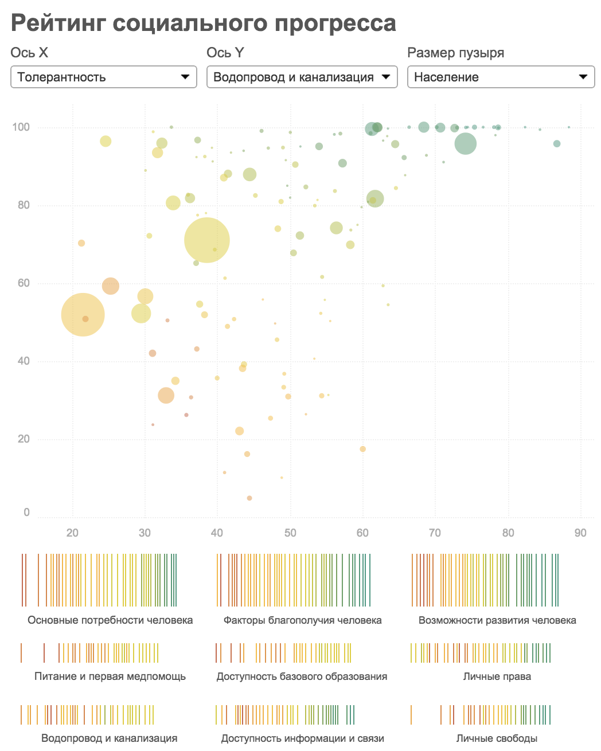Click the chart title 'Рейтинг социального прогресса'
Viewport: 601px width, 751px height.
pyautogui.click(x=203, y=24)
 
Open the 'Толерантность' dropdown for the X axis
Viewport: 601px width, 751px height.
pyautogui.click(x=104, y=77)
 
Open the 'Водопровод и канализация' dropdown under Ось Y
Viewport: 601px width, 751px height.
pyautogui.click(x=302, y=77)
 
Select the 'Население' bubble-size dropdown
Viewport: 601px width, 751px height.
pyautogui.click(x=501, y=77)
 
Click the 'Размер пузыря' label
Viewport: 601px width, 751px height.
pyautogui.click(x=455, y=53)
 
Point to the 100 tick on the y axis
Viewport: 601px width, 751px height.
pyautogui.click(x=21, y=127)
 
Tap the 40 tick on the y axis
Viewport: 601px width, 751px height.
pyautogui.click(x=23, y=361)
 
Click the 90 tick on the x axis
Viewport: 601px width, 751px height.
pyautogui.click(x=580, y=533)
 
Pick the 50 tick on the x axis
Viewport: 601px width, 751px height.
pyautogui.click(x=290, y=533)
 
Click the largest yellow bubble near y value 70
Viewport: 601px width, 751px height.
pyautogui.click(x=207, y=240)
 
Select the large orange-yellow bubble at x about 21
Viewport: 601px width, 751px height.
pyautogui.click(x=83, y=314)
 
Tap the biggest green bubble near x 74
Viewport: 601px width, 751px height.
pyautogui.click(x=466, y=143)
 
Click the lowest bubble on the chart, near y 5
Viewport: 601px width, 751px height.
pyautogui.click(x=249, y=498)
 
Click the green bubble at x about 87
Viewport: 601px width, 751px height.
pyautogui.click(x=556, y=143)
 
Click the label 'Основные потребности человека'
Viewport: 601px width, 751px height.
pyautogui.click(x=110, y=620)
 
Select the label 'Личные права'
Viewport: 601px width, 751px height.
pyautogui.click(x=497, y=676)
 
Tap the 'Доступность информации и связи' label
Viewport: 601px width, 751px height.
pyautogui.click(x=302, y=738)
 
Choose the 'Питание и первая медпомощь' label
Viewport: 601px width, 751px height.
pyautogui.click(x=110, y=676)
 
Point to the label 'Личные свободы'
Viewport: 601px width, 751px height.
pyautogui.click(x=497, y=738)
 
